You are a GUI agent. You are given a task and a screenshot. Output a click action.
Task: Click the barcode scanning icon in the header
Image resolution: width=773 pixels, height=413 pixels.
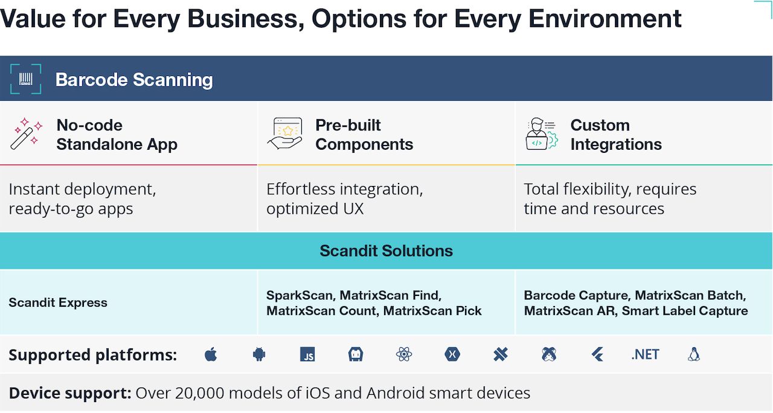pyautogui.click(x=26, y=78)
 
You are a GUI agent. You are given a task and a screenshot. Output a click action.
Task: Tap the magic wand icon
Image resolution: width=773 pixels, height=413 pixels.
pyautogui.click(x=26, y=133)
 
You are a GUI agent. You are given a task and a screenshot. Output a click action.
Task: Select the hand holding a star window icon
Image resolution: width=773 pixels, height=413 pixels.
pyautogui.click(x=284, y=133)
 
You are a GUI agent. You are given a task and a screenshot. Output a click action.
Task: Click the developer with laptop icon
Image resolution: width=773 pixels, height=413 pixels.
pyautogui.click(x=542, y=134)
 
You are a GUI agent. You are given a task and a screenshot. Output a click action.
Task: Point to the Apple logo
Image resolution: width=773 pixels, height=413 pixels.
pyautogui.click(x=211, y=354)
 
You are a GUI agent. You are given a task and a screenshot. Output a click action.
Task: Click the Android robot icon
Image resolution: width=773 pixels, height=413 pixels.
pyautogui.click(x=259, y=354)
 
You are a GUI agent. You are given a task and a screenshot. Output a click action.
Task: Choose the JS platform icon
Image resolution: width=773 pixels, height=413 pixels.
pyautogui.click(x=307, y=354)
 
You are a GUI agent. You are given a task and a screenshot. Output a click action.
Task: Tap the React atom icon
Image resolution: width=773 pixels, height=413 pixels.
pyautogui.click(x=404, y=354)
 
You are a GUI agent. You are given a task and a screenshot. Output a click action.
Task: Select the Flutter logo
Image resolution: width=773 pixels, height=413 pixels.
pyautogui.click(x=597, y=354)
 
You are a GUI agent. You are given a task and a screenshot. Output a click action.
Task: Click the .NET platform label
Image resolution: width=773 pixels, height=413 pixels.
pyautogui.click(x=645, y=354)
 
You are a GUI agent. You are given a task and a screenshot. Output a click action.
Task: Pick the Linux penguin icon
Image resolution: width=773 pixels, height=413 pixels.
pyautogui.click(x=694, y=354)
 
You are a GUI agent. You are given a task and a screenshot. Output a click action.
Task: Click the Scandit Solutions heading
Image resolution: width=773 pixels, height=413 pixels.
pyautogui.click(x=386, y=251)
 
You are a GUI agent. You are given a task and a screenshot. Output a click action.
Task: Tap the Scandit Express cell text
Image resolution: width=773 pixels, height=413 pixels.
pyautogui.click(x=58, y=303)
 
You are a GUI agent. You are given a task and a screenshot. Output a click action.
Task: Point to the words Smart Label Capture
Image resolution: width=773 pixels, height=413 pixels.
pyautogui.click(x=685, y=311)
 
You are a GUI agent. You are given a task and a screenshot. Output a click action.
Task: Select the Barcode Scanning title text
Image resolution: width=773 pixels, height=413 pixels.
pyautogui.click(x=134, y=80)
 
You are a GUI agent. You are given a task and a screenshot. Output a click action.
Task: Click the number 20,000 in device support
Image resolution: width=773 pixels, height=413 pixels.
pyautogui.click(x=199, y=393)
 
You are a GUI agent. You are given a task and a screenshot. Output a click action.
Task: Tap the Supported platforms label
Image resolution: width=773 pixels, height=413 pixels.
pyautogui.click(x=93, y=355)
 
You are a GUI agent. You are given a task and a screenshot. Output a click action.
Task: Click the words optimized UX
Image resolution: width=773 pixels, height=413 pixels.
pyautogui.click(x=315, y=209)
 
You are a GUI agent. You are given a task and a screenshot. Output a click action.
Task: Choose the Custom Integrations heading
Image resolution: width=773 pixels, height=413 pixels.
pyautogui.click(x=616, y=135)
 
